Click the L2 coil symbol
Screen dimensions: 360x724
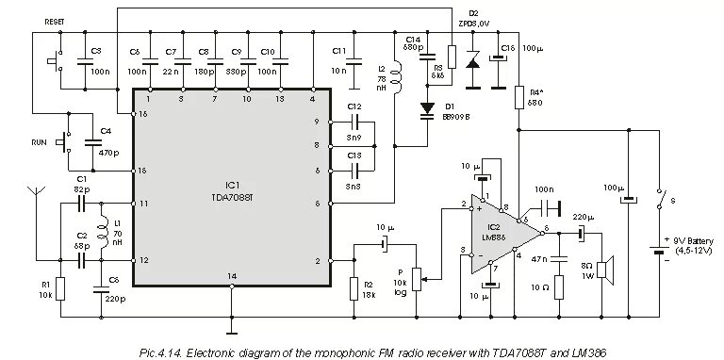point(397,79)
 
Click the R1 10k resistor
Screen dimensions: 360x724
point(60,287)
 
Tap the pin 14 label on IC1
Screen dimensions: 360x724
point(232,274)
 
